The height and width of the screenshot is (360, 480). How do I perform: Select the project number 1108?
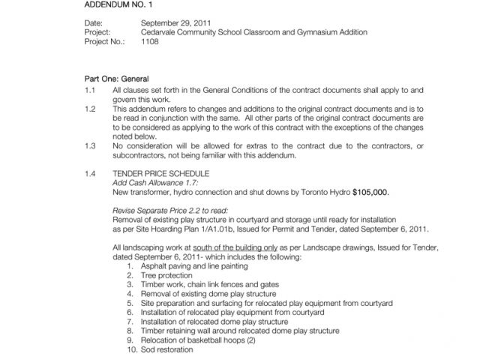pos(149,42)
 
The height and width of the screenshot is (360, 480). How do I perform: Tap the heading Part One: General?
pos(116,79)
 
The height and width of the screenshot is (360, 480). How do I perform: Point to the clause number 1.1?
pos(91,89)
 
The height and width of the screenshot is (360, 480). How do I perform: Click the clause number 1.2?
pos(91,109)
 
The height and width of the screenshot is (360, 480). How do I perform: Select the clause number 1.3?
pos(91,145)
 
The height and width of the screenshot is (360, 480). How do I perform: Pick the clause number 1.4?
pos(91,174)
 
